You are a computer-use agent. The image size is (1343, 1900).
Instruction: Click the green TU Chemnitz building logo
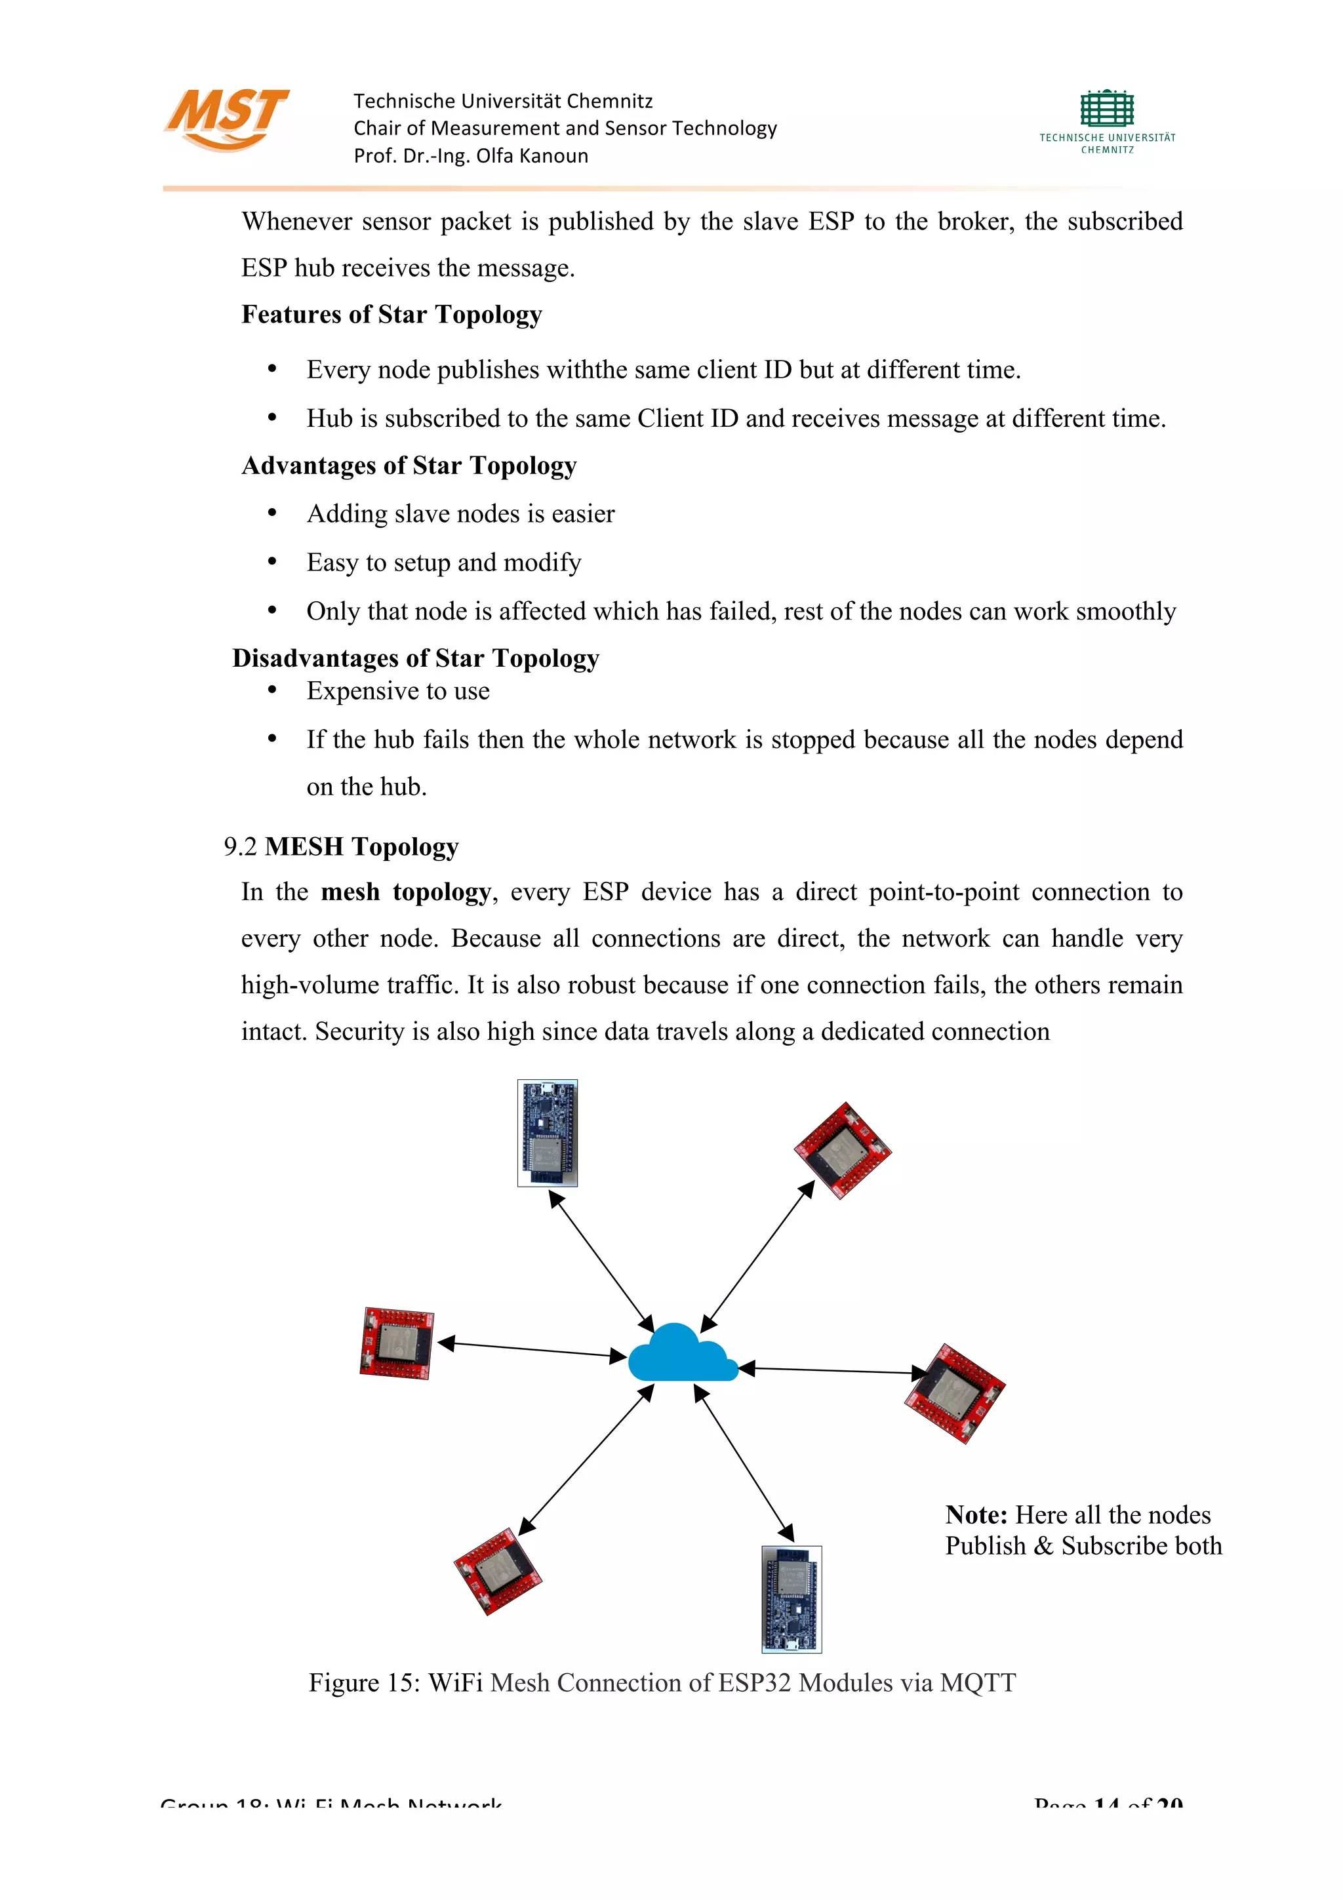pyautogui.click(x=1106, y=110)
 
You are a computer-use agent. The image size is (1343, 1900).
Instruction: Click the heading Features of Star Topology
pyautogui.click(x=391, y=315)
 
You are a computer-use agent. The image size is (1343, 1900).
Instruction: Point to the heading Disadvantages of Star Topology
pyautogui.click(x=415, y=658)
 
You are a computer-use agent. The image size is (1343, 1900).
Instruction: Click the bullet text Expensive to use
pyautogui.click(x=398, y=691)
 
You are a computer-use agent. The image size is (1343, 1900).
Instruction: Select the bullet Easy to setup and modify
pyautogui.click(x=443, y=563)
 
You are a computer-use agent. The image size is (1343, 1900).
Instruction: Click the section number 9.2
pyautogui.click(x=240, y=846)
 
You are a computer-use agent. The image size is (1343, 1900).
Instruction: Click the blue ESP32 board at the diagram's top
pyautogui.click(x=547, y=1133)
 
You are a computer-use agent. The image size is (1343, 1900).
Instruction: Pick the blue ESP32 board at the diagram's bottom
pyautogui.click(x=791, y=1599)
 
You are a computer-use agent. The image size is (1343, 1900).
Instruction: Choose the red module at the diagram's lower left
pyautogui.click(x=497, y=1571)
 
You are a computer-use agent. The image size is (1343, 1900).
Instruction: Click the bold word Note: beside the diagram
pyautogui.click(x=976, y=1515)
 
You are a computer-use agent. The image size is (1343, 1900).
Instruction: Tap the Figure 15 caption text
pyautogui.click(x=662, y=1683)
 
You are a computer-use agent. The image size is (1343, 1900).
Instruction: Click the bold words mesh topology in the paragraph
pyautogui.click(x=405, y=892)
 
